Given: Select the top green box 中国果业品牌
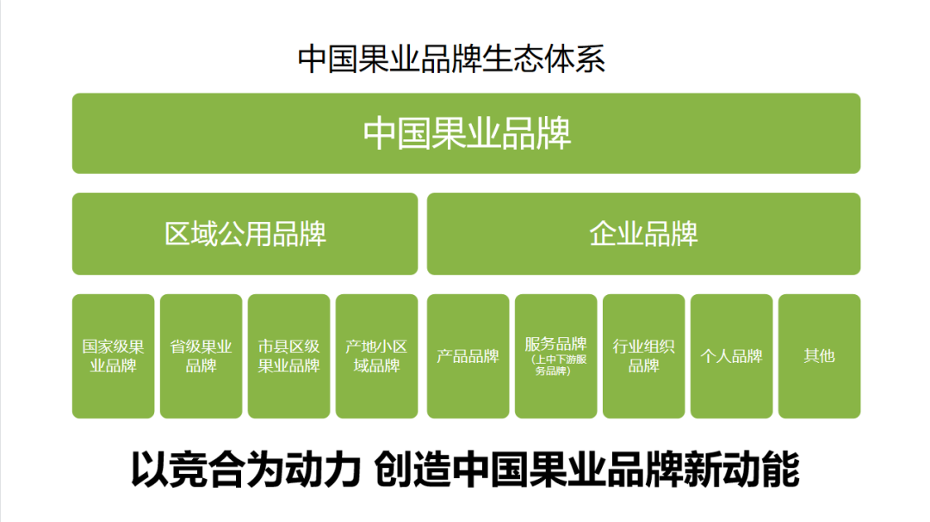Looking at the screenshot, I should coord(466,133).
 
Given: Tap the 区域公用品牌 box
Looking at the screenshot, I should coord(245,234).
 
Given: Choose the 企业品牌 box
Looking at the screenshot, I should coord(643,234).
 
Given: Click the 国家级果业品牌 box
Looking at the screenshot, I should coord(114,356).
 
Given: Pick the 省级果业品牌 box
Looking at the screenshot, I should coord(201,356).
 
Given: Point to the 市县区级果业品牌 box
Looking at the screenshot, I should coord(289,356).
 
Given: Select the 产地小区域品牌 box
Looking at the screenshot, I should coord(376,356).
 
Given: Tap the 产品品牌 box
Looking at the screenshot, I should coord(468,356).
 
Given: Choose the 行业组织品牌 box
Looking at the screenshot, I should coord(643,356).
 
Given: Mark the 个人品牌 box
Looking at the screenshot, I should coord(731,356).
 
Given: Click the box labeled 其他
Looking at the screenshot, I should coord(819,356).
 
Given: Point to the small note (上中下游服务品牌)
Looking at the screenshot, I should coord(555,365).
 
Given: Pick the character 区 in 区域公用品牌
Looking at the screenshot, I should coord(177,234).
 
